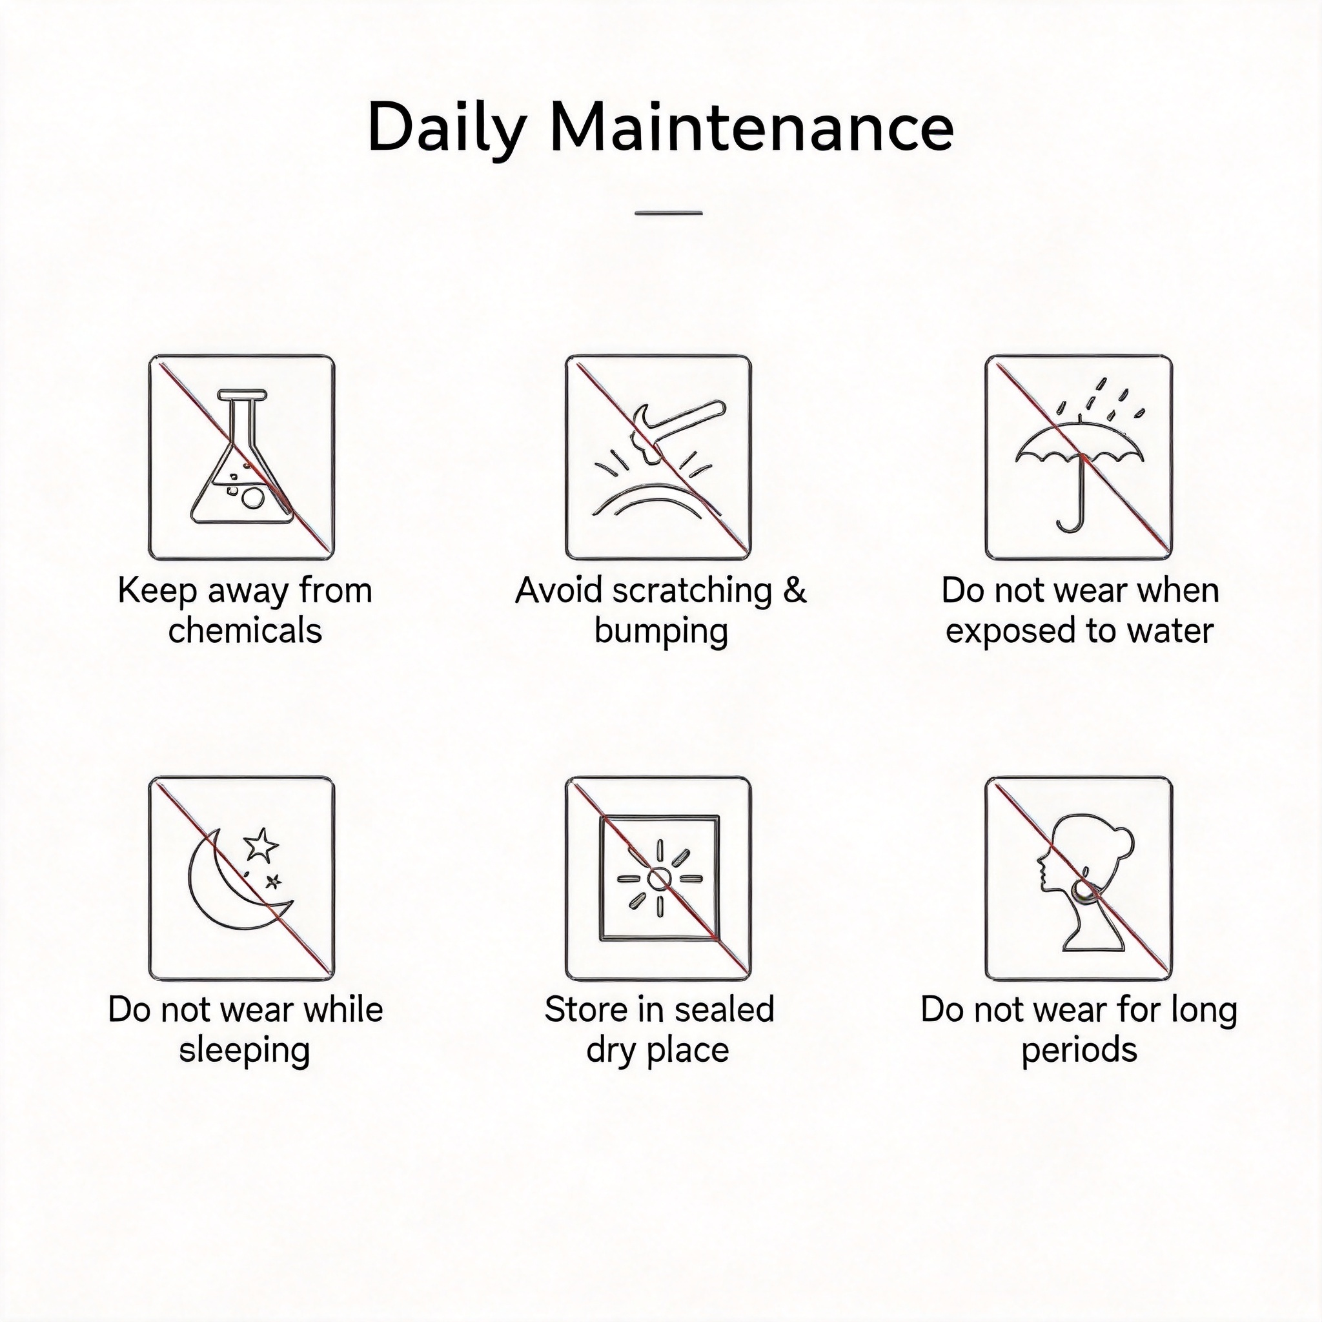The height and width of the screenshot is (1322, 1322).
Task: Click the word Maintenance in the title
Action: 751,127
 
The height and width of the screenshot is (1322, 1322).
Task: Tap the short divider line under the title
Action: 669,213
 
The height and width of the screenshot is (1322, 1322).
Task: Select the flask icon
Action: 240,458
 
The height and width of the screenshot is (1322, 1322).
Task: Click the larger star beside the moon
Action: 261,844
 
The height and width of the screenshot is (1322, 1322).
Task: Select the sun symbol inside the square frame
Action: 660,879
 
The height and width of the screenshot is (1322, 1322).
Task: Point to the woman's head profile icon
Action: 1084,882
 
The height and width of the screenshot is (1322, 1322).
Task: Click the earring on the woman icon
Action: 1083,890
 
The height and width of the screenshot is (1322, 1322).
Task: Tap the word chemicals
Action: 245,631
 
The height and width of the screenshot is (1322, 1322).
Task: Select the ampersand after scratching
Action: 795,590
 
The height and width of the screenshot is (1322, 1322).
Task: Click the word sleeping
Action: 244,1052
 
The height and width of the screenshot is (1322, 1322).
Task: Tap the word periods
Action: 1079,1052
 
